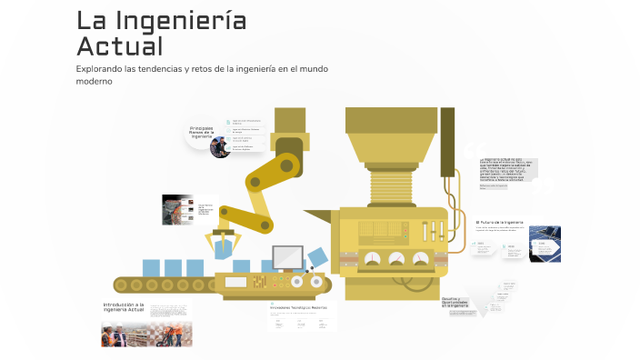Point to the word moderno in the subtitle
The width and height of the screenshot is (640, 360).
94,81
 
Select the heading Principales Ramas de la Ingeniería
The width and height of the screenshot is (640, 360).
201,132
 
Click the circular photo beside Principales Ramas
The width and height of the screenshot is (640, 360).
220,146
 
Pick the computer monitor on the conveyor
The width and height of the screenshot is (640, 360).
287,257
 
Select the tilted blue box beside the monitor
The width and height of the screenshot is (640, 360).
316,256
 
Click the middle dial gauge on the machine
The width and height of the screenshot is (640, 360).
396,260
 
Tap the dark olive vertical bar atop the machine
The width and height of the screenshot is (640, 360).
447,141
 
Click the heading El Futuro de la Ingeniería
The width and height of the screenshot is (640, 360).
500,222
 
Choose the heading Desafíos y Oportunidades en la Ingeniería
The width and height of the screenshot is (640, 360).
455,303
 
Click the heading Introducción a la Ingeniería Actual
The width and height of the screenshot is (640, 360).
124,307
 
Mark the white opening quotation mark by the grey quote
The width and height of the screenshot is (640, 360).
470,148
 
